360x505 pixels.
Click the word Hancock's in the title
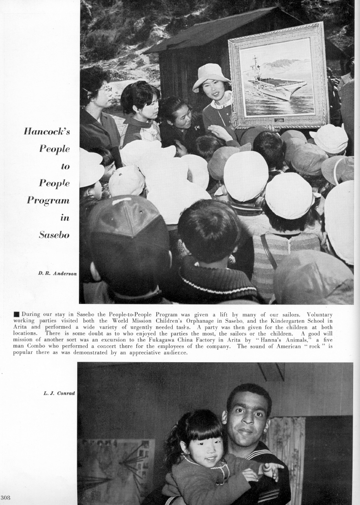47,131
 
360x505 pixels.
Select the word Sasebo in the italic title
54,235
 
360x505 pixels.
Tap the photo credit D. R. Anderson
57,273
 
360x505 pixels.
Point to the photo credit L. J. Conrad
59,393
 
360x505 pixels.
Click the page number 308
6,497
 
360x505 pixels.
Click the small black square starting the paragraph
16,314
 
